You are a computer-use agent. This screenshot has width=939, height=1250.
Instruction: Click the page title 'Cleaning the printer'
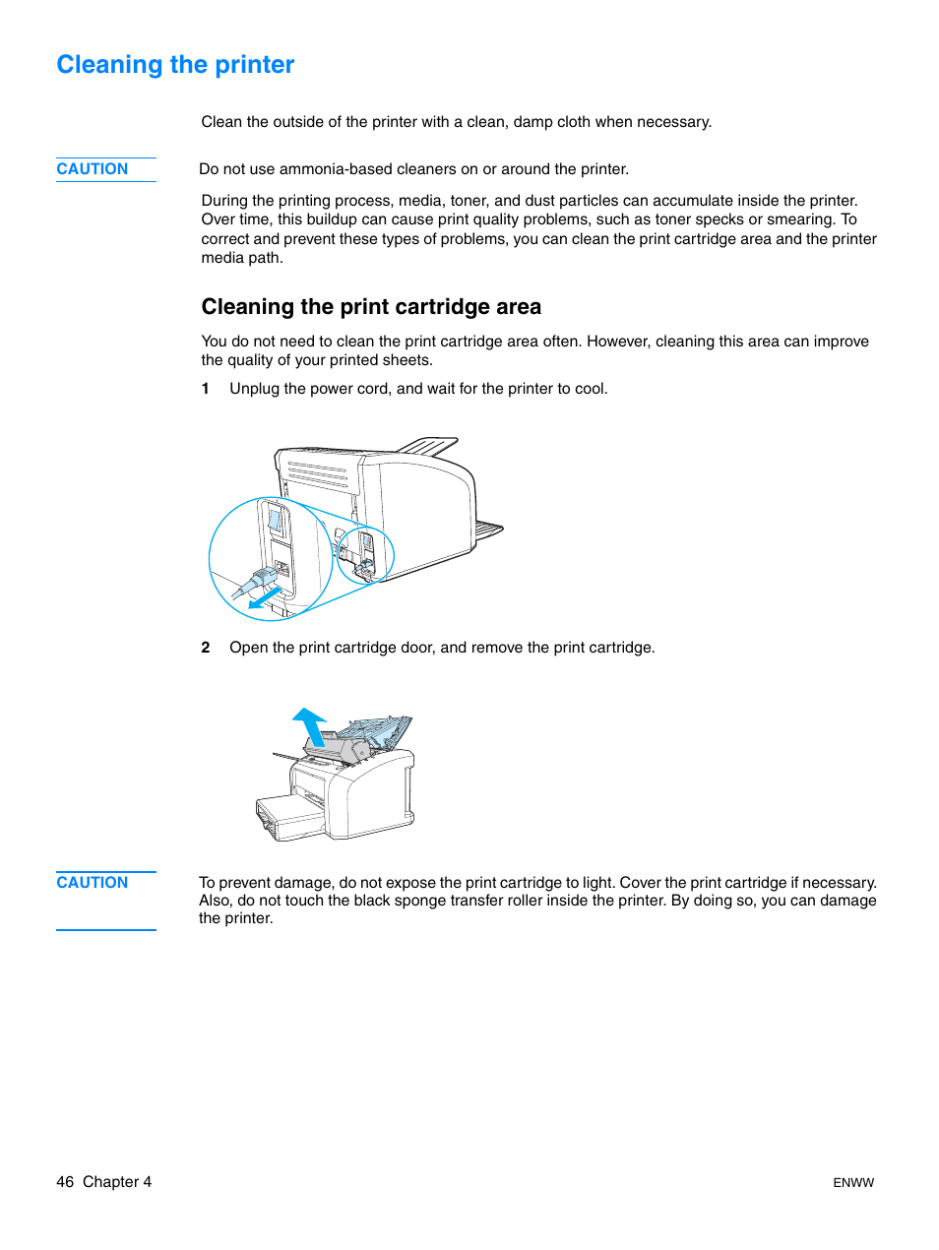(175, 65)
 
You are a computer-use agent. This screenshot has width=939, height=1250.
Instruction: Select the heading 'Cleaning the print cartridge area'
(371, 307)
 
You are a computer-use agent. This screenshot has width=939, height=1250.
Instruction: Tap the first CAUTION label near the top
(92, 169)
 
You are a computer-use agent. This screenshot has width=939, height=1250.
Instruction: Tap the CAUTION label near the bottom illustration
(92, 883)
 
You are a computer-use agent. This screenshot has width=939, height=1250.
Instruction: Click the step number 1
(206, 389)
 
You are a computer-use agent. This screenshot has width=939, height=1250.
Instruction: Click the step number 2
(206, 648)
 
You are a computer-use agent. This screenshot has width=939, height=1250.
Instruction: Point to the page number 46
(65, 1182)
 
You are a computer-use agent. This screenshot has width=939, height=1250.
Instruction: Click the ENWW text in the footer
(852, 1183)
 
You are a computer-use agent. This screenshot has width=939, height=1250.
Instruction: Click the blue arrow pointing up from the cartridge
(310, 725)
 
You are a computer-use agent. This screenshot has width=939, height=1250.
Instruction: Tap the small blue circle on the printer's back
(365, 555)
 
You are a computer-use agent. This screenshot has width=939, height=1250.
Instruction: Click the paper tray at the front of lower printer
(287, 817)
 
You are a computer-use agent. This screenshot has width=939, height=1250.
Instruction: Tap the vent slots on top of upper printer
(318, 475)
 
